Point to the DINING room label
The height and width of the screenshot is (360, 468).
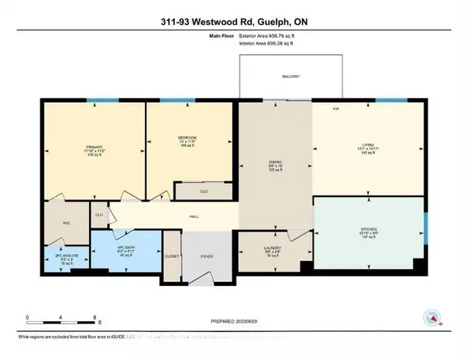(x=274, y=162)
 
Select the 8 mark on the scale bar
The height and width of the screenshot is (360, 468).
(x=95, y=317)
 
